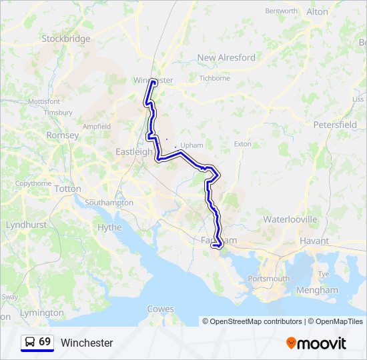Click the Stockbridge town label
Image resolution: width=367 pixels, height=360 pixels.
[x=65, y=39]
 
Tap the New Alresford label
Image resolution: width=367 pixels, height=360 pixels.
[x=226, y=57]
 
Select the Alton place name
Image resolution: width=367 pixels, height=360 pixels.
[x=317, y=12]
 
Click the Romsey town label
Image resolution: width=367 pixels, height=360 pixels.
[x=62, y=135]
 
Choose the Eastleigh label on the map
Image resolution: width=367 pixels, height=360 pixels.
[x=133, y=151]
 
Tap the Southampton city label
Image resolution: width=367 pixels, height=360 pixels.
[x=109, y=202]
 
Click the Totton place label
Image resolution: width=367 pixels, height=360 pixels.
[x=67, y=189]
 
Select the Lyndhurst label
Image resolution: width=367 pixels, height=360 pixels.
[x=26, y=225]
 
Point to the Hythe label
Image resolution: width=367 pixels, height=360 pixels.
[x=109, y=227]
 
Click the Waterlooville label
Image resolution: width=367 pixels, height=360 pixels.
[x=290, y=219]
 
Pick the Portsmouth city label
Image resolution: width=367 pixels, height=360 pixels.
[x=268, y=278]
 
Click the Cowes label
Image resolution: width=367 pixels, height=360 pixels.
[x=160, y=309]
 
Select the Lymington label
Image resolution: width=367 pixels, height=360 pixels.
[x=41, y=313]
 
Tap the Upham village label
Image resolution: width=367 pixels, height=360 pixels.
[x=192, y=144]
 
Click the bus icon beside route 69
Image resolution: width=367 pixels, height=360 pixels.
[x=30, y=342]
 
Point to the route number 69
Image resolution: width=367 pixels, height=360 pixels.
[x=45, y=342]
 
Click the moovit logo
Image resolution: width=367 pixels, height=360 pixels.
[x=316, y=343]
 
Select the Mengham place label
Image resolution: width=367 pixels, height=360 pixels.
[x=318, y=290]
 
